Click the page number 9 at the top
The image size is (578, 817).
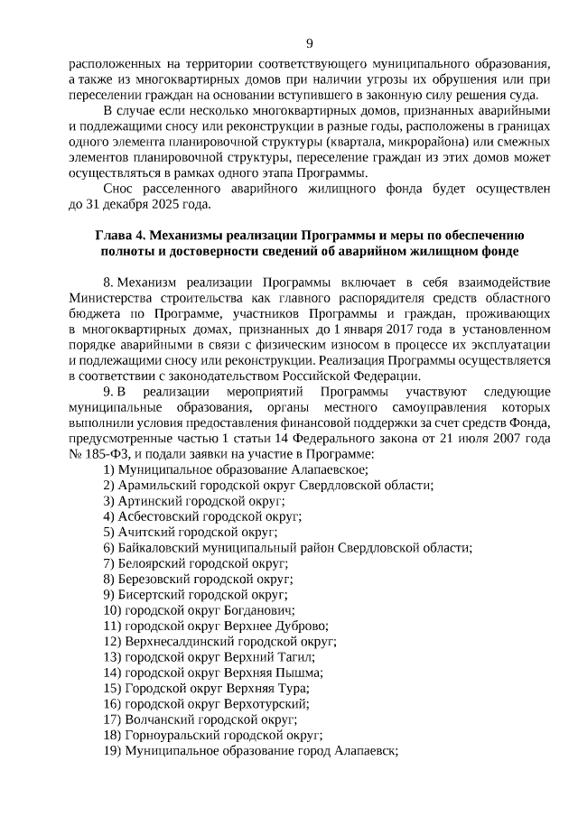(310, 43)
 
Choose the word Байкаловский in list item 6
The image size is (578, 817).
(157, 548)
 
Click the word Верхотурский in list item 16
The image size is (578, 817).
(270, 703)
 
